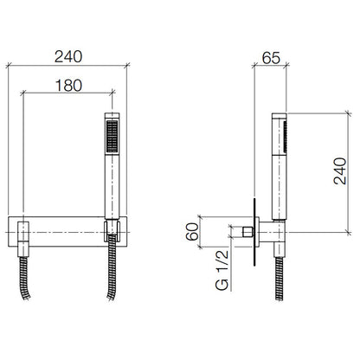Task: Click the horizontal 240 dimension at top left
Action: tap(68, 57)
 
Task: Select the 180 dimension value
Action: tap(68, 86)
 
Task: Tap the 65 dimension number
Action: tap(271, 58)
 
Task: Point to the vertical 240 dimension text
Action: tap(340, 171)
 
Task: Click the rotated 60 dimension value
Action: tap(192, 232)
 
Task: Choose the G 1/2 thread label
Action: tap(222, 270)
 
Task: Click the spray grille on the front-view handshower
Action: tap(112, 136)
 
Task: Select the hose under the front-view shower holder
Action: tap(112, 268)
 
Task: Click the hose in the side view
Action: tap(280, 279)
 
